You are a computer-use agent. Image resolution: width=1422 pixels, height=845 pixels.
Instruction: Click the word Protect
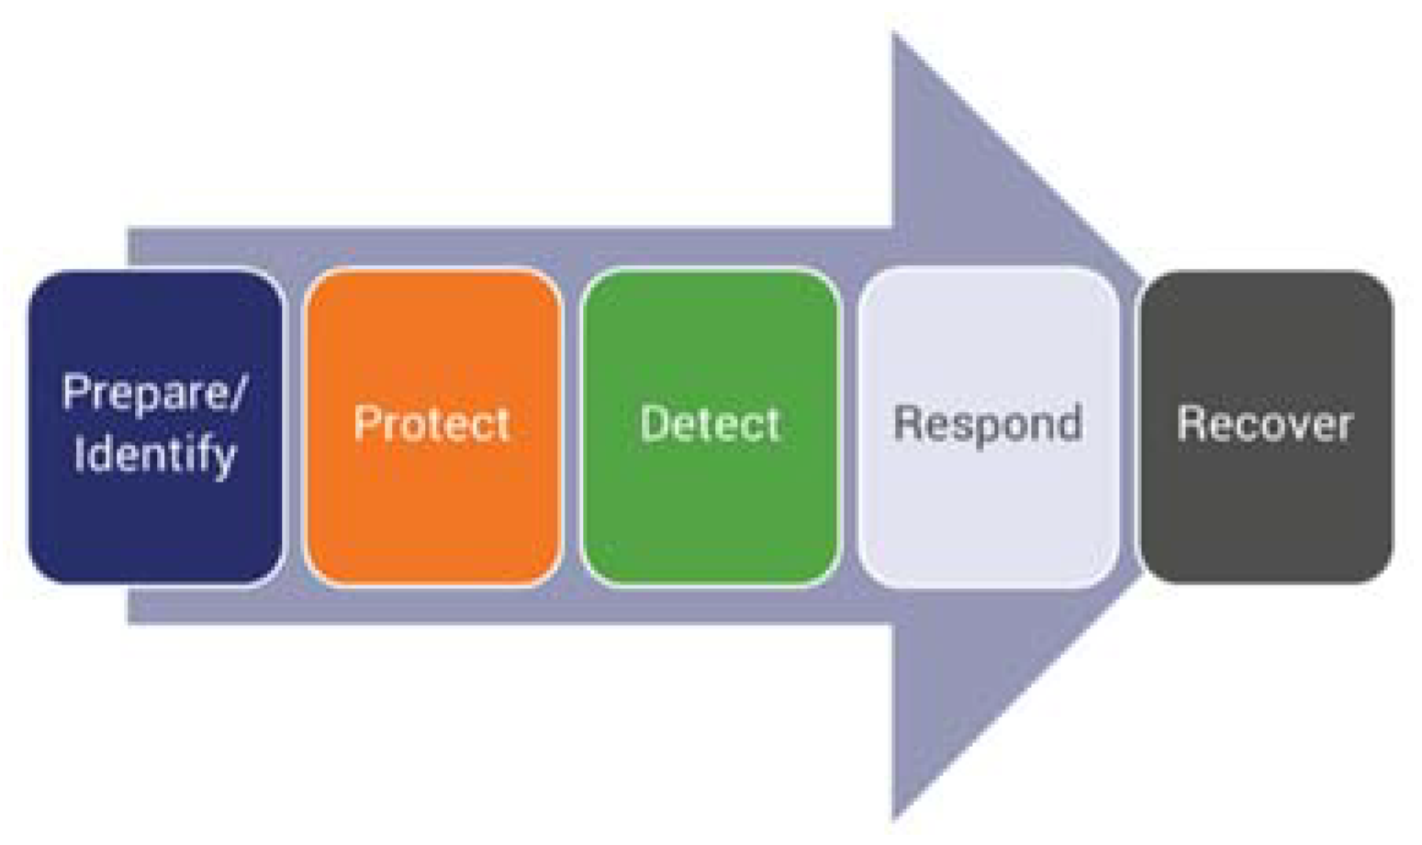point(432,424)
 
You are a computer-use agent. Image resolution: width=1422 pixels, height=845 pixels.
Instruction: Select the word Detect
point(711,424)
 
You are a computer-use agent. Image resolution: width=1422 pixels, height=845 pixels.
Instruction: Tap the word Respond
point(989,424)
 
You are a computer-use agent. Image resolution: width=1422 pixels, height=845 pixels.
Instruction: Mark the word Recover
point(1266,424)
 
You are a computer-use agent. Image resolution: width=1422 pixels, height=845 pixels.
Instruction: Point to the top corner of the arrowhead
point(895,37)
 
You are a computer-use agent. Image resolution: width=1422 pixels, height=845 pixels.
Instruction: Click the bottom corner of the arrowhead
point(895,815)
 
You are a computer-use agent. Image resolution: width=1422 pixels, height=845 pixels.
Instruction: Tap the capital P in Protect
point(367,423)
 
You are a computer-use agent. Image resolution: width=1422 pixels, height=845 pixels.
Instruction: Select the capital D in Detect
point(655,423)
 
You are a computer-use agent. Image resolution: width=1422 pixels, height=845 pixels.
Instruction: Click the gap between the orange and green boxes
point(572,427)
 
